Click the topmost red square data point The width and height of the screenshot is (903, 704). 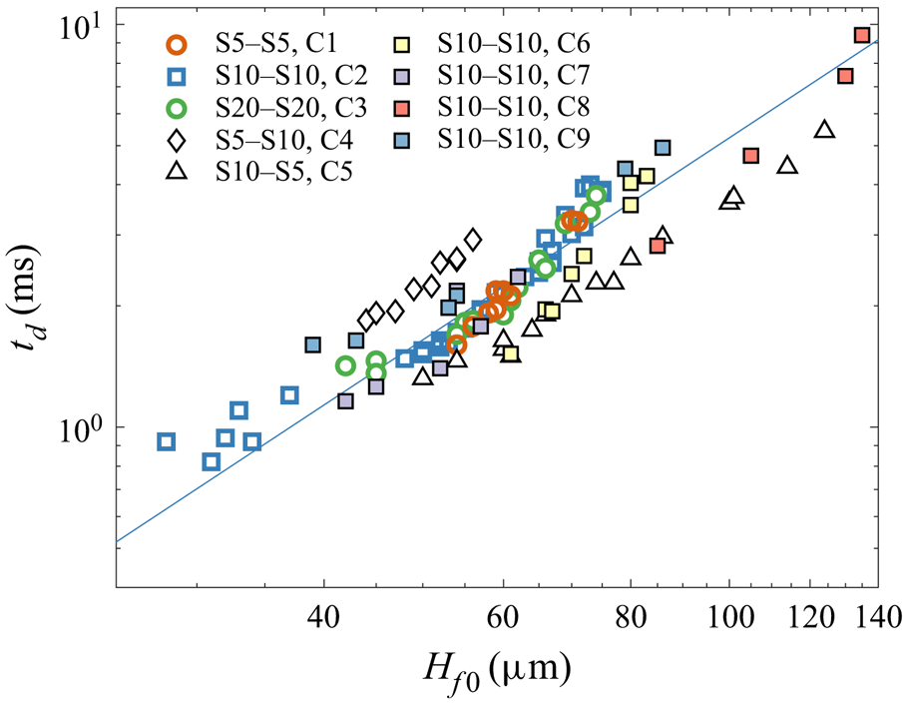point(863,35)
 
